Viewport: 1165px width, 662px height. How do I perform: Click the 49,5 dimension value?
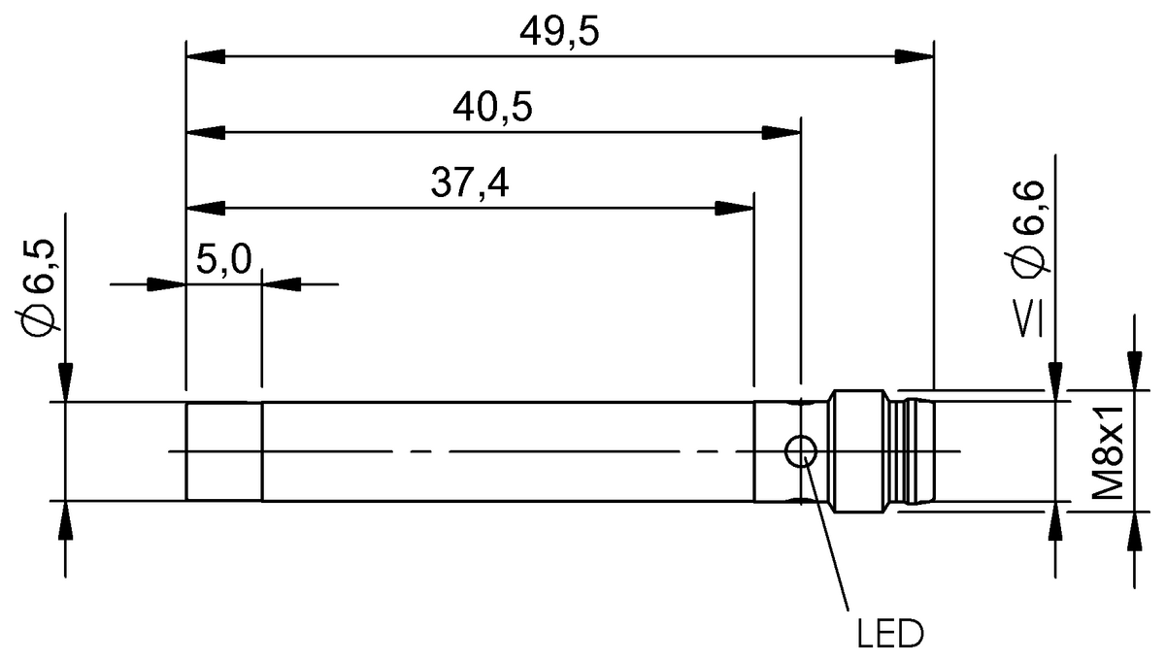coord(559,32)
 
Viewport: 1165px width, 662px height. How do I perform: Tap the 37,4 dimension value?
coord(469,182)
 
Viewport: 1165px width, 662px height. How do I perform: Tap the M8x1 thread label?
coord(1109,452)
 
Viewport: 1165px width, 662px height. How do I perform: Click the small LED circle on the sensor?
coord(801,450)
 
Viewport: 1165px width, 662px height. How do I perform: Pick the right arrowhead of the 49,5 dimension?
coord(914,55)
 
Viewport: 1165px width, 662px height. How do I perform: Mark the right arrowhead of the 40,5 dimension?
coord(781,131)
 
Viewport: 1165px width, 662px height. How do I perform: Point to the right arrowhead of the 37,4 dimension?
coord(734,206)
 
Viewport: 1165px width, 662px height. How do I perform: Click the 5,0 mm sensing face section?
coord(223,451)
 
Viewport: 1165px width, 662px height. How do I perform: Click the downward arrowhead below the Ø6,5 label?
coord(65,382)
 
